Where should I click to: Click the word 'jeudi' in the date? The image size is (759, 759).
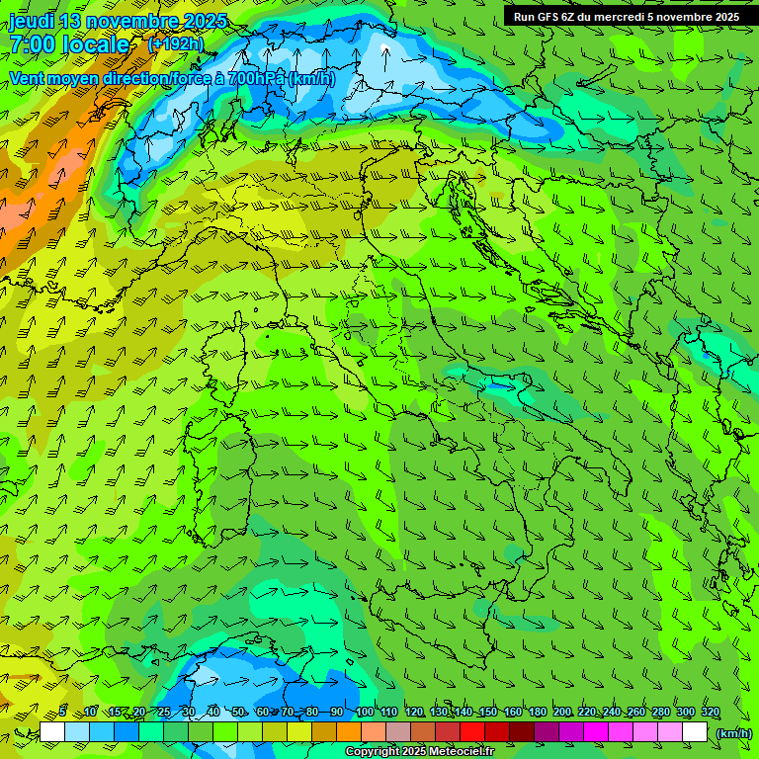pyautogui.click(x=31, y=22)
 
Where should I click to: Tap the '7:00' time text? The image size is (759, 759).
pyautogui.click(x=33, y=44)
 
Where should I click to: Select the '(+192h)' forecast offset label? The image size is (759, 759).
pyautogui.click(x=175, y=43)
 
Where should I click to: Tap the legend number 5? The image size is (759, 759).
pyautogui.click(x=62, y=713)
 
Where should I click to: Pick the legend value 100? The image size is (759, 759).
pyautogui.click(x=364, y=713)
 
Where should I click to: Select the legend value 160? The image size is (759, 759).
pyautogui.click(x=512, y=713)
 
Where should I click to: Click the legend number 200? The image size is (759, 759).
pyautogui.click(x=562, y=713)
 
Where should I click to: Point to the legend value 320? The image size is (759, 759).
pyautogui.click(x=710, y=713)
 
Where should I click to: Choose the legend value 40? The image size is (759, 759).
pyautogui.click(x=213, y=713)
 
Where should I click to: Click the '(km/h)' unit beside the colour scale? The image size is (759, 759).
pyautogui.click(x=733, y=733)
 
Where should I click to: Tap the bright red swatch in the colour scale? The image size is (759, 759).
pyautogui.click(x=472, y=732)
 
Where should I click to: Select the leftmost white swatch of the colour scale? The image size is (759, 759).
pyautogui.click(x=52, y=732)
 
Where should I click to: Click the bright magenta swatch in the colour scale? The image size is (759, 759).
pyautogui.click(x=596, y=732)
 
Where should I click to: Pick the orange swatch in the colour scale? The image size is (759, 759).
pyautogui.click(x=349, y=732)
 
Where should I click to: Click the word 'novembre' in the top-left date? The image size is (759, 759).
pyautogui.click(x=132, y=22)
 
